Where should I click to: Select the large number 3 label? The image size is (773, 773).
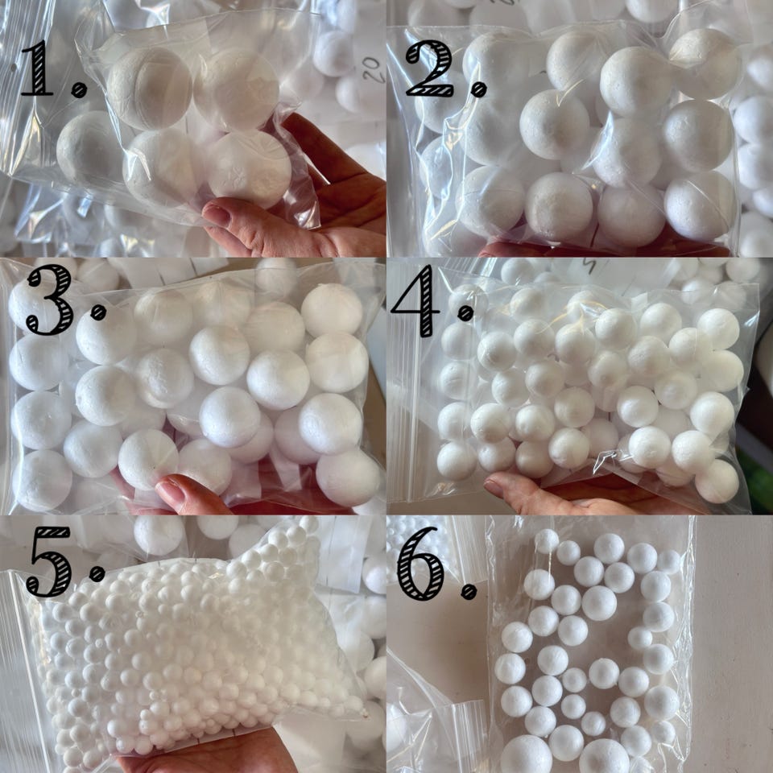point(50,300)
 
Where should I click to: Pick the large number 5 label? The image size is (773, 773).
point(49,561)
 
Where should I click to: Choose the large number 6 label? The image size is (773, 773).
point(420,563)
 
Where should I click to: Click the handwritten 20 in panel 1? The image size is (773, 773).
point(373,69)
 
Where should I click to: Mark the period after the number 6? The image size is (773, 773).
point(469,591)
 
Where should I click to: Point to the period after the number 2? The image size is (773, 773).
point(478,89)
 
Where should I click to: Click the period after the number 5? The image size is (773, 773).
point(97,573)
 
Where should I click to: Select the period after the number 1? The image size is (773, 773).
point(79,89)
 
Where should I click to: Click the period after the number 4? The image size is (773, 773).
point(465,312)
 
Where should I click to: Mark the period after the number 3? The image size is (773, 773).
point(98,312)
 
